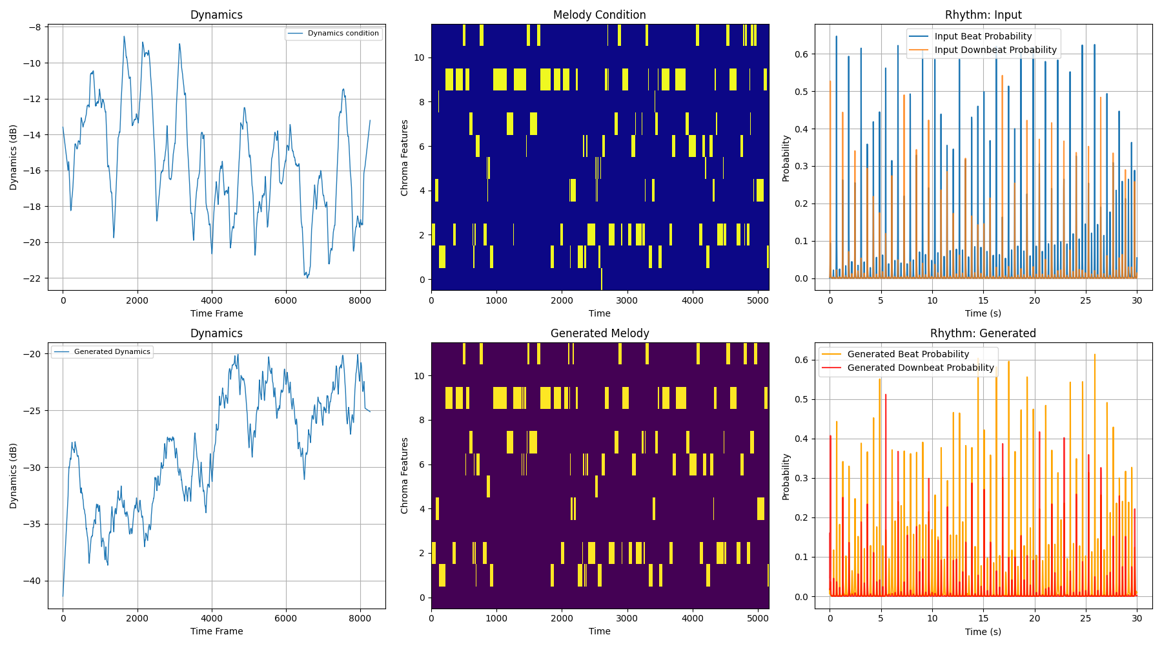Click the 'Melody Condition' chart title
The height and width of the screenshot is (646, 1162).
[x=599, y=15]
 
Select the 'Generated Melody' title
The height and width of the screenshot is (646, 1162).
[x=599, y=333]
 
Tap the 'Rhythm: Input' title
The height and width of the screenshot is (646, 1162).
[x=983, y=15]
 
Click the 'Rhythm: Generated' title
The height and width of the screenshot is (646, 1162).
[x=983, y=333]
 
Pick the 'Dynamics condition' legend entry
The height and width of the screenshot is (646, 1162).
[x=343, y=34]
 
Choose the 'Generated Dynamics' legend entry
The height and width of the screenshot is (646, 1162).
[x=112, y=352]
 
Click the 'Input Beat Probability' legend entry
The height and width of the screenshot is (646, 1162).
[x=983, y=37]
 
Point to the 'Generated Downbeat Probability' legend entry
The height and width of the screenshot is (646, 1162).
[x=920, y=368]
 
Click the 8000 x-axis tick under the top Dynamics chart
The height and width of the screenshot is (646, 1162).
[x=360, y=300]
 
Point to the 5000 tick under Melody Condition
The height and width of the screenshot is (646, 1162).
[x=758, y=300]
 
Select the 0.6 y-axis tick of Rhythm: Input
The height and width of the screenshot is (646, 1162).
[x=802, y=54]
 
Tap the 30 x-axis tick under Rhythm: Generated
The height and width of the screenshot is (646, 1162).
[x=1137, y=618]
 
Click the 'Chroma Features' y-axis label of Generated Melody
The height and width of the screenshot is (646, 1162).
[x=405, y=475]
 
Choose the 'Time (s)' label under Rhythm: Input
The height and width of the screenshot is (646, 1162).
[x=983, y=313]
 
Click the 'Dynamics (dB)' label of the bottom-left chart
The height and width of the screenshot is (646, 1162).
[x=14, y=475]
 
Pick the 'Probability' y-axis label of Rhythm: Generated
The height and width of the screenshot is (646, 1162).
[x=786, y=477]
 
